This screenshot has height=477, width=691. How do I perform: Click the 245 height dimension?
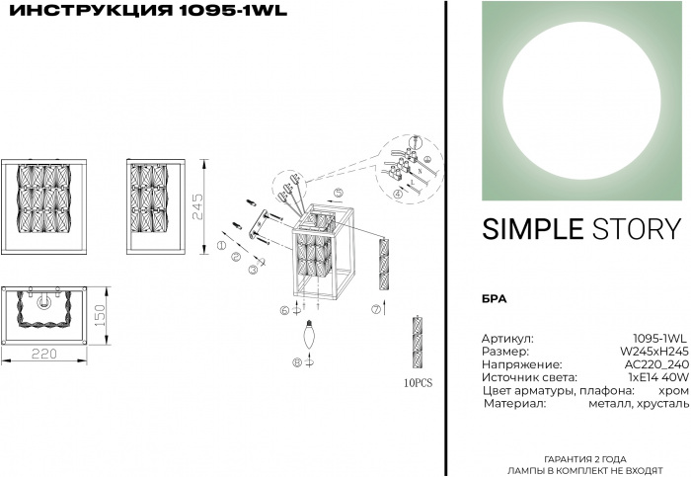point(197,205)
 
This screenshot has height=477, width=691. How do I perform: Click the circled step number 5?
point(337,192)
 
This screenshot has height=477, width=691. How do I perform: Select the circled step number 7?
point(376,309)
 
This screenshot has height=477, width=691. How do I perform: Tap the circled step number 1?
point(222,245)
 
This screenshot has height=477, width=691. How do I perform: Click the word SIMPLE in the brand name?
point(532,229)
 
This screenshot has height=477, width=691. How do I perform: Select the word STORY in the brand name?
point(636,229)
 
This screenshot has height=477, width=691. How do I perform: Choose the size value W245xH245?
point(653,351)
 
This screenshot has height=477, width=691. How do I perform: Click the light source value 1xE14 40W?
point(655,377)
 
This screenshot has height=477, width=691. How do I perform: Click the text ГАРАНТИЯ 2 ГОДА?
point(583,459)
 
